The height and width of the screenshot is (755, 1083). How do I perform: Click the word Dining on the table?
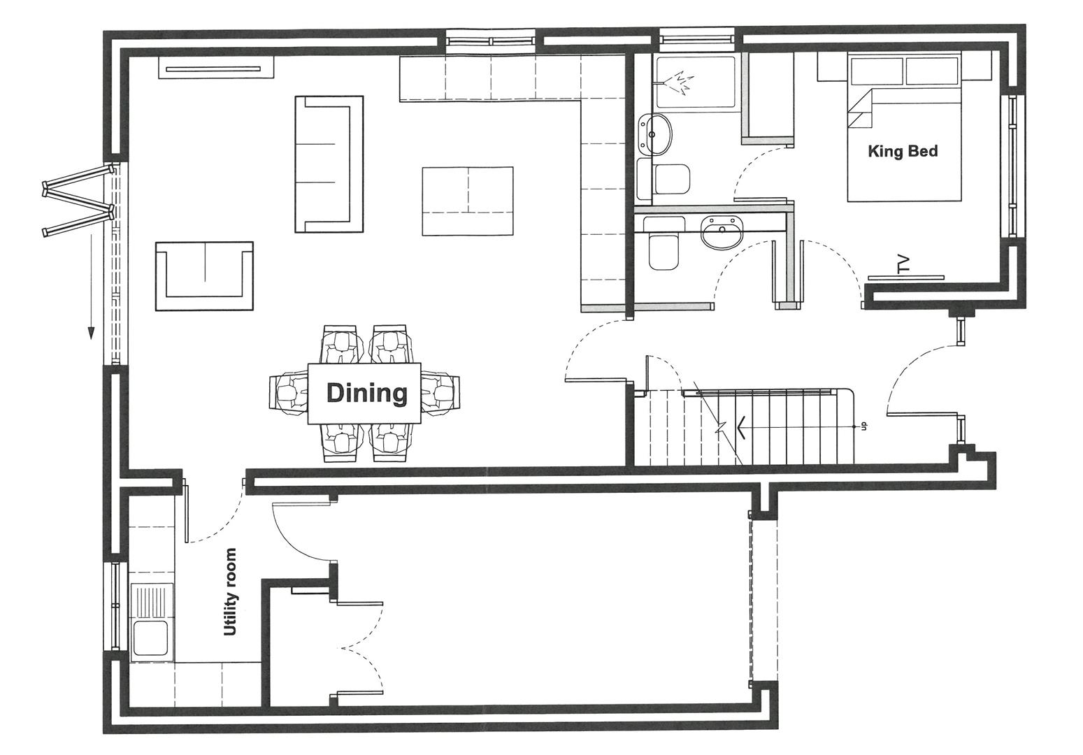(x=366, y=393)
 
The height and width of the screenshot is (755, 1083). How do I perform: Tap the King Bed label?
(x=903, y=151)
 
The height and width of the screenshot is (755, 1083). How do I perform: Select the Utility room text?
(x=231, y=591)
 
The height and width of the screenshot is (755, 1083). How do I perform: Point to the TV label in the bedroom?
(x=903, y=264)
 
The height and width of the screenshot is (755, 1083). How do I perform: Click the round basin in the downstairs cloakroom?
(x=722, y=233)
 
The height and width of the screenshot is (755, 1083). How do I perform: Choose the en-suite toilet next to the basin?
(x=672, y=180)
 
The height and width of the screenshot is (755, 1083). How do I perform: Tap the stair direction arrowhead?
(x=742, y=427)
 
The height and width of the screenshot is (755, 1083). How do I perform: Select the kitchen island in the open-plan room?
(x=468, y=201)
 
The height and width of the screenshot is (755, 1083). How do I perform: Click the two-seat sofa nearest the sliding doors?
(x=205, y=276)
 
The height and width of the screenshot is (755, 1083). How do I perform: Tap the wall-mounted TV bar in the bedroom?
(x=906, y=278)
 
